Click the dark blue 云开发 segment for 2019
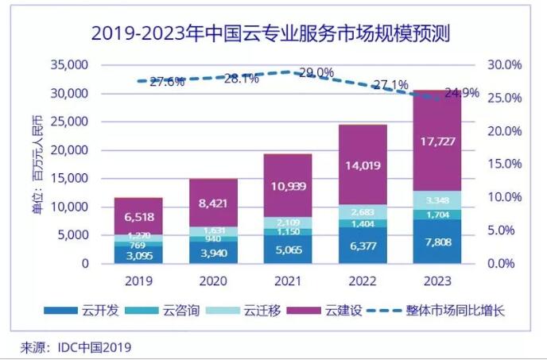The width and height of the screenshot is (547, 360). (x=138, y=254)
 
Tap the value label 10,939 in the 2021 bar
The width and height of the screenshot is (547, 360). (x=288, y=186)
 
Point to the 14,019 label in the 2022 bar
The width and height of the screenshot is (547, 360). (x=363, y=166)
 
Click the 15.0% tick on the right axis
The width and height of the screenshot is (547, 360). (x=502, y=164)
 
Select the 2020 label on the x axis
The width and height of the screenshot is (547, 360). (x=213, y=282)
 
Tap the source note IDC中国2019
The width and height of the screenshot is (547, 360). (x=76, y=347)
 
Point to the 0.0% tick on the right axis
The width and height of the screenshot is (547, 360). (x=502, y=263)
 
